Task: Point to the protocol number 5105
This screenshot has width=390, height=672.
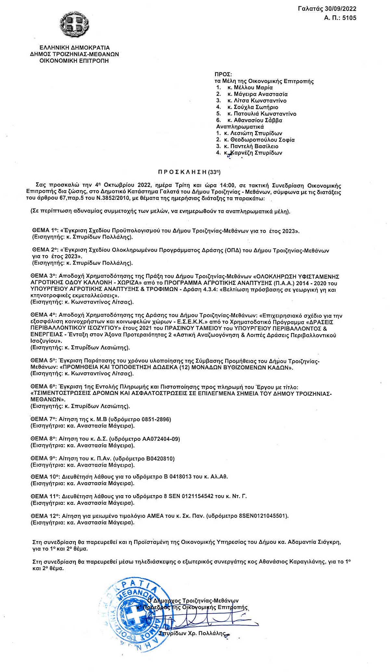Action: point(349,18)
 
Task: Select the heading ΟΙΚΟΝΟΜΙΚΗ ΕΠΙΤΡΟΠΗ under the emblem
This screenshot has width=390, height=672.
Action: point(74,61)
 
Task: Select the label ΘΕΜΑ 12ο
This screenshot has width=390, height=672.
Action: point(45,516)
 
